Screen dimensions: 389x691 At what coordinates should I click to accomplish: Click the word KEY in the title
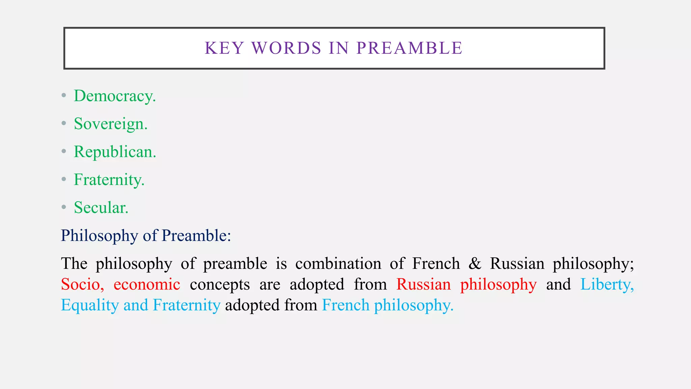[x=224, y=48]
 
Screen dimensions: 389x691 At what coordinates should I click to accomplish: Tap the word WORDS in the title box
[x=286, y=48]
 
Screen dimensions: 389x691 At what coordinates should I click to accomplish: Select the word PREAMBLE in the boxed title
[x=409, y=48]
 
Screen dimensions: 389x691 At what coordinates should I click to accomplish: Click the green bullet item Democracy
[x=114, y=96]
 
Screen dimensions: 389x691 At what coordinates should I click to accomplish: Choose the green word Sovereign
[x=110, y=124]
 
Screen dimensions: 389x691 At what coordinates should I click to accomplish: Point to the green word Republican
[x=115, y=152]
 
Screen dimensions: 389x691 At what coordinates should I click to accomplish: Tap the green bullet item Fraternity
[x=109, y=180]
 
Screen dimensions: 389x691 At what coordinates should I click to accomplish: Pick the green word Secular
[x=101, y=207]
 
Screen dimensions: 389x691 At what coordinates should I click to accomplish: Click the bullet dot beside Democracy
[x=64, y=96]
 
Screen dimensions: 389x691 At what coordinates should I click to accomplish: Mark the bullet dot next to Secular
[x=64, y=207]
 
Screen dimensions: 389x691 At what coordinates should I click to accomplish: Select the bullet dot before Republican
[x=64, y=151]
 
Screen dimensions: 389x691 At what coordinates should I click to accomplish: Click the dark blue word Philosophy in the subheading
[x=99, y=235]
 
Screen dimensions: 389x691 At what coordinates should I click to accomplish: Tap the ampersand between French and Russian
[x=475, y=263]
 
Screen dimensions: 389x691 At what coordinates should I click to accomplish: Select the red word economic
[x=147, y=284]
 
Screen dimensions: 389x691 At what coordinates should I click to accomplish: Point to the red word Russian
[x=423, y=284]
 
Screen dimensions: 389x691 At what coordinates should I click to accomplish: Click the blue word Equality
[x=90, y=305]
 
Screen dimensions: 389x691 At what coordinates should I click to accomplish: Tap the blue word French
[x=346, y=305]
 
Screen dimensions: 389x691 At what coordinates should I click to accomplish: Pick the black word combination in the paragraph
[x=338, y=263]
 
